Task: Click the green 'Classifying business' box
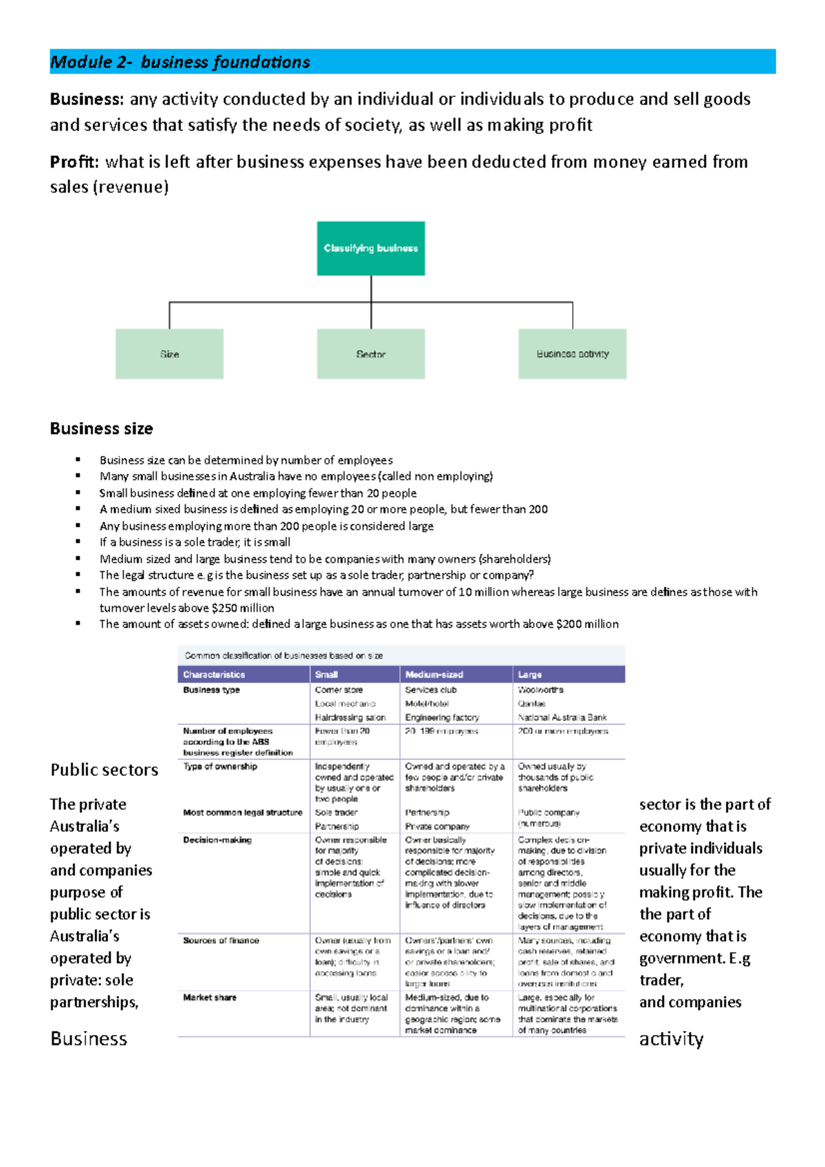pyautogui.click(x=371, y=248)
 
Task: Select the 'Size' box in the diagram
pyautogui.click(x=169, y=354)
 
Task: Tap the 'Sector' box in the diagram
pyautogui.click(x=371, y=354)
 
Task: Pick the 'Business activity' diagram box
pyautogui.click(x=572, y=354)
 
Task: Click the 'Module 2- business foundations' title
pyautogui.click(x=180, y=62)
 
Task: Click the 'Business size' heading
pyautogui.click(x=101, y=429)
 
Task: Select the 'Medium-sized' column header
pyautogui.click(x=434, y=675)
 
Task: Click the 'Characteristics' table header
pyautogui.click(x=214, y=675)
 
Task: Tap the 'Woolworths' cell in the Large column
pyautogui.click(x=540, y=690)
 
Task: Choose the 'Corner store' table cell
pyautogui.click(x=339, y=690)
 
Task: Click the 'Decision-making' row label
pyautogui.click(x=217, y=840)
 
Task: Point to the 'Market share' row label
pyautogui.click(x=210, y=997)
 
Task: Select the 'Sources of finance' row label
pyautogui.click(x=221, y=940)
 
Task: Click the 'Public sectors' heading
pyautogui.click(x=104, y=770)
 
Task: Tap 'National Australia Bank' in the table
pyautogui.click(x=562, y=718)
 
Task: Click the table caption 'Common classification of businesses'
pyautogui.click(x=283, y=656)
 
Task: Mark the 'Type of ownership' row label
pyautogui.click(x=220, y=766)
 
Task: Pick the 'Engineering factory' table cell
pyautogui.click(x=442, y=718)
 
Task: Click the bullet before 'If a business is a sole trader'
pyautogui.click(x=78, y=542)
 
